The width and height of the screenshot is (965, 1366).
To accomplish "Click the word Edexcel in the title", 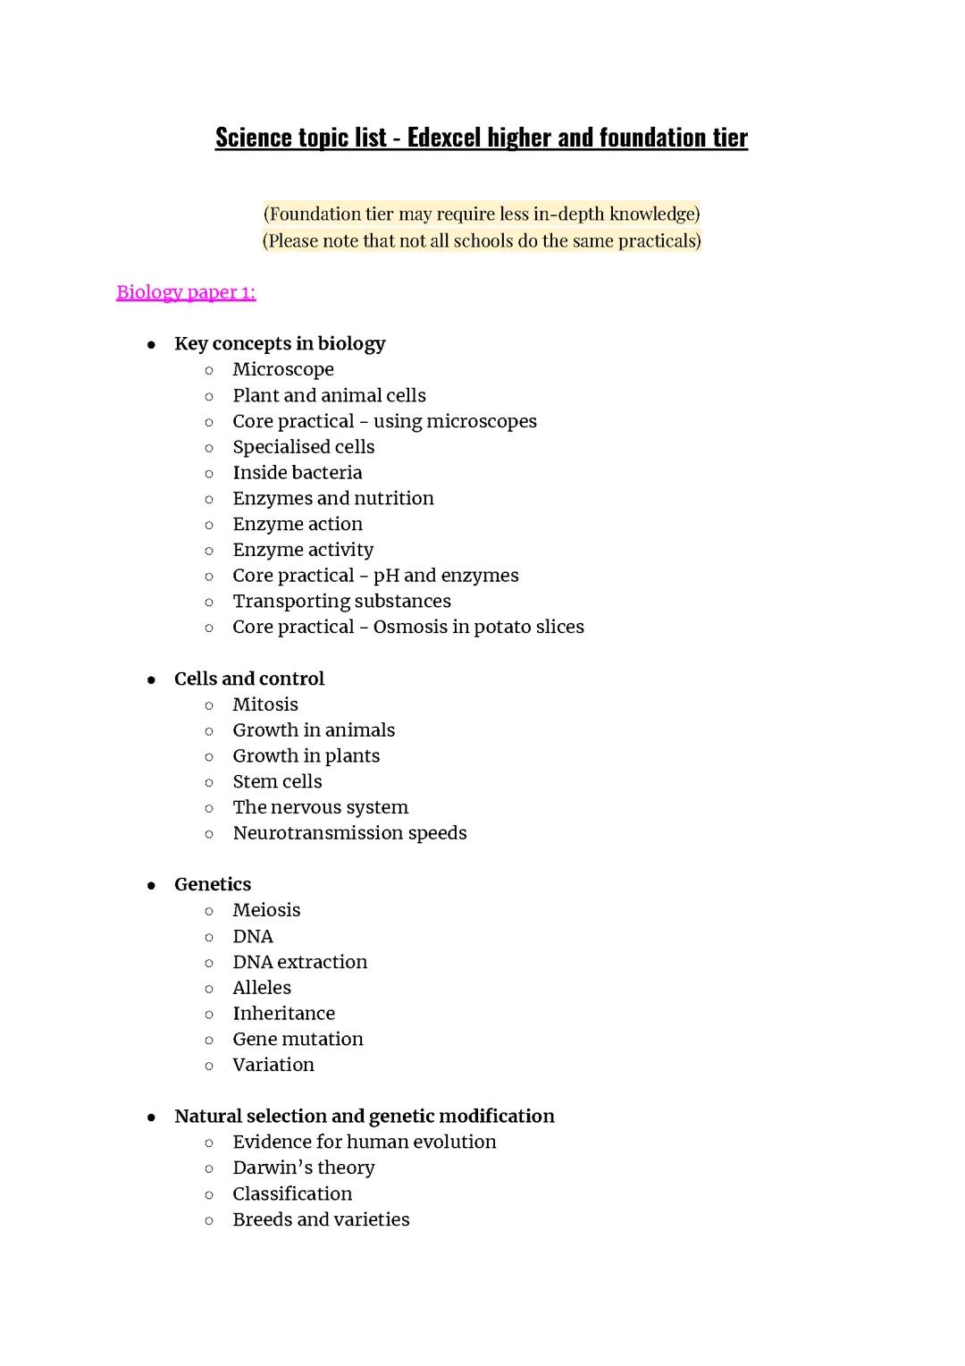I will [444, 138].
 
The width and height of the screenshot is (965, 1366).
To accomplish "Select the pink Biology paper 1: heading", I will [186, 292].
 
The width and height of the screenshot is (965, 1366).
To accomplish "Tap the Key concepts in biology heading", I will [280, 344].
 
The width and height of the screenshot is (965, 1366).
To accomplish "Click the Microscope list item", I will [283, 370].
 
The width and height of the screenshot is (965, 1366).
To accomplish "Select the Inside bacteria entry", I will [298, 473].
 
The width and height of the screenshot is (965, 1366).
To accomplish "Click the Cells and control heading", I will [249, 679].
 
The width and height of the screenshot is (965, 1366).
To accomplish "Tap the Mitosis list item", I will [265, 705].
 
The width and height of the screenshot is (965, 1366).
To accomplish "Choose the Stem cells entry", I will [277, 782].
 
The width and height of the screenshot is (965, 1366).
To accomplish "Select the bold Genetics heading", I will [213, 885].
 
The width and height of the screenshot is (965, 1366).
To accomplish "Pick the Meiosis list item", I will [266, 911].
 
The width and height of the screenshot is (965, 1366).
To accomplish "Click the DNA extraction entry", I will [300, 963].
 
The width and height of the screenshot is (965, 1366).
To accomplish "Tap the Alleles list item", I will [262, 989].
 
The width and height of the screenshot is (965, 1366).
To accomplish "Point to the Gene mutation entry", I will [298, 1040].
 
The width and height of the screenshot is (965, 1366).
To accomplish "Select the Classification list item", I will [292, 1194].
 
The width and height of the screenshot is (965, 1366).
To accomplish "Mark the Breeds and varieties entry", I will [321, 1220].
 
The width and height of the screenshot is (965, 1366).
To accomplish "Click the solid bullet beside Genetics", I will [152, 886].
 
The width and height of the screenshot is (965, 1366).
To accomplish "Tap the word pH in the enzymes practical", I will [386, 577].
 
